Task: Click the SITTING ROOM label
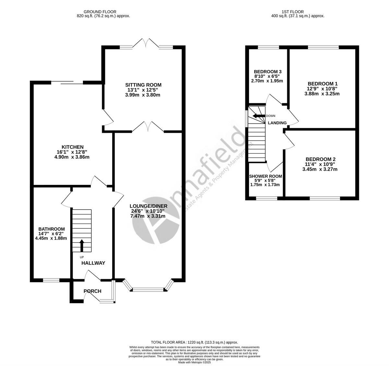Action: pos(144,85)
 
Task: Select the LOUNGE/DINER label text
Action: pos(148,206)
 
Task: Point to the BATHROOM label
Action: pos(51,229)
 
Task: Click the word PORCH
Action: pos(92,291)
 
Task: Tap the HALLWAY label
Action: pos(93,263)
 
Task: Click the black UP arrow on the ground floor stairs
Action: pos(82,246)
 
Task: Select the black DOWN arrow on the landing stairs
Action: pos(259,116)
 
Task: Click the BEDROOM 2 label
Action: pos(320,159)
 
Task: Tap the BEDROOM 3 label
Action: pos(267,72)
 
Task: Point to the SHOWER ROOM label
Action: pos(265,176)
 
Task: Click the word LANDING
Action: pos(277,123)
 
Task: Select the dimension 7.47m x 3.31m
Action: pos(148,216)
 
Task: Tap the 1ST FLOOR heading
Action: pos(298,12)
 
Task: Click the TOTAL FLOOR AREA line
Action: pos(194,342)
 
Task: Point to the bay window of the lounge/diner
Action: pos(148,289)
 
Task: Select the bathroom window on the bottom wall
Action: pos(51,280)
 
